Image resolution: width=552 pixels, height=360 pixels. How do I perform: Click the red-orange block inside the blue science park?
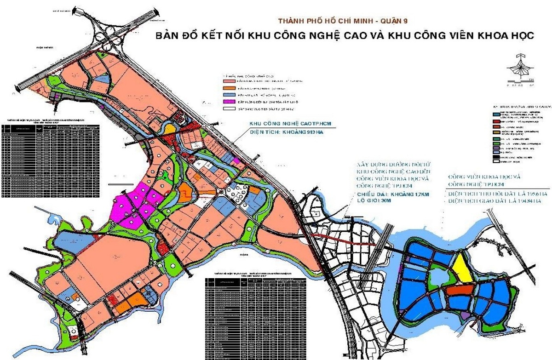(460, 291)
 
